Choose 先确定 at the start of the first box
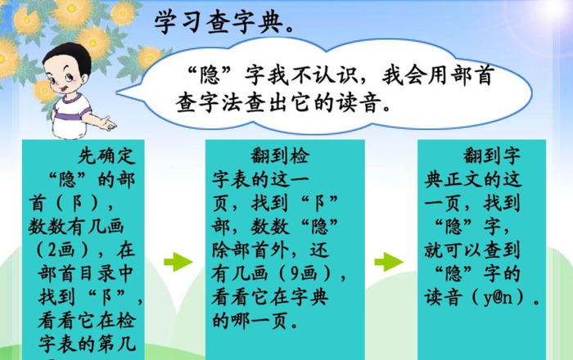[x=102, y=155]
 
